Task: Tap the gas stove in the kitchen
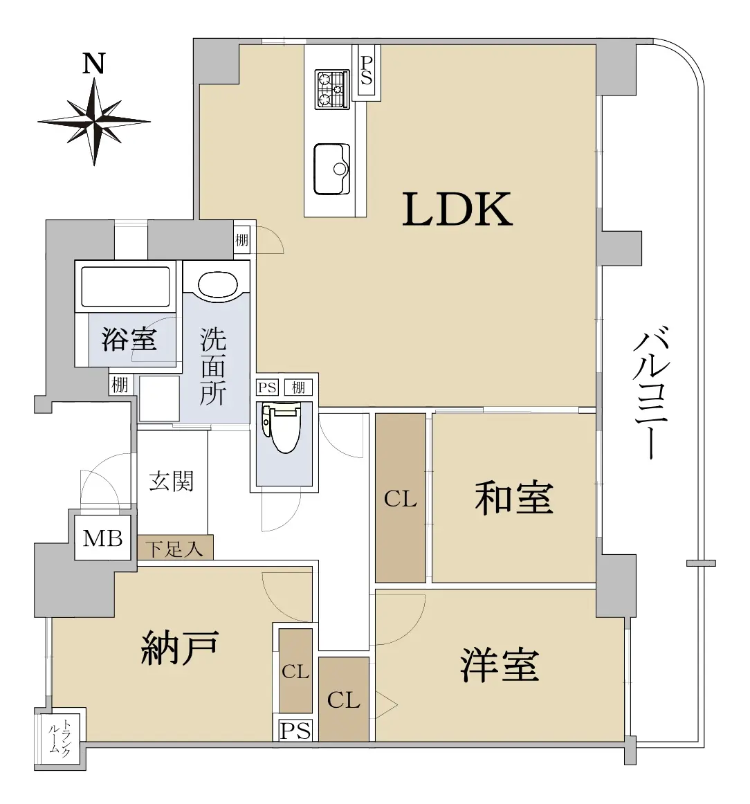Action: coord(332,89)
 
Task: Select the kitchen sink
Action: coord(331,169)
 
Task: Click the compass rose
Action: coord(94,122)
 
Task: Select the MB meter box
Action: coord(103,538)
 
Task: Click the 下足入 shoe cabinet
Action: coord(175,547)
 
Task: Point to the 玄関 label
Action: coord(171,482)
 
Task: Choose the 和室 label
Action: coord(513,497)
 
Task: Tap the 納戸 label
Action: coord(180,648)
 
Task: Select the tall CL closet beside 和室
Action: coord(401,498)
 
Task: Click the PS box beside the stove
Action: coord(366,71)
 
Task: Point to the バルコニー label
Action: coord(651,392)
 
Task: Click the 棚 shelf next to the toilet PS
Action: coord(298,387)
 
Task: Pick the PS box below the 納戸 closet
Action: coord(296,730)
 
